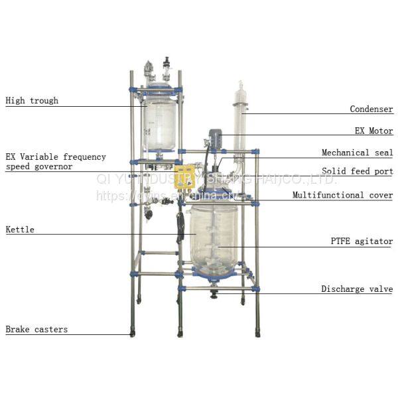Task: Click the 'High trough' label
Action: click(32, 101)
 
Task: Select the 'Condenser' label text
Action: click(371, 109)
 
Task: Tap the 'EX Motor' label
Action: click(373, 131)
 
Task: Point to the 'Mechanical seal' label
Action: click(357, 153)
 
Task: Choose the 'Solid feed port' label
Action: click(357, 171)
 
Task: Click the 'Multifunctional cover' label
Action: click(342, 195)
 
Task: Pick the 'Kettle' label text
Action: click(20, 230)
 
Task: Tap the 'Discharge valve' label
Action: click(357, 289)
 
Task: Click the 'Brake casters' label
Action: click(36, 329)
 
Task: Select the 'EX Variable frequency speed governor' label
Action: click(56, 162)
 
